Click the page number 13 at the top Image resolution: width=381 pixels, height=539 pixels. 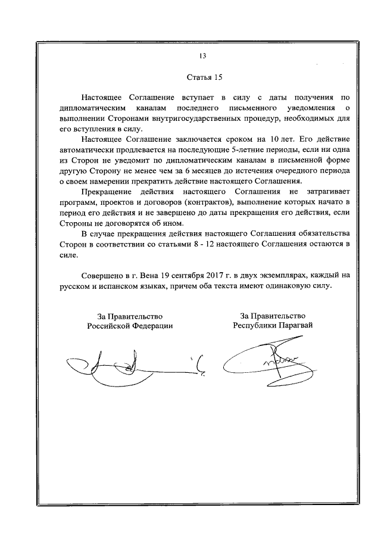[202, 57]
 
